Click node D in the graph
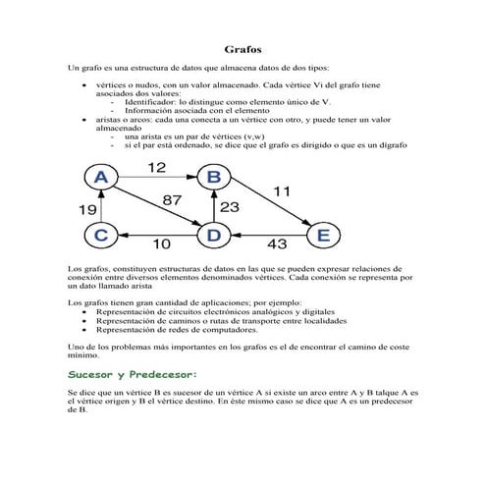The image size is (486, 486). [x=212, y=235]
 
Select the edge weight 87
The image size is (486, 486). [x=172, y=201]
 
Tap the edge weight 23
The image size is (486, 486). [x=229, y=207]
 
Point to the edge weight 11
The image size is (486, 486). [x=283, y=192]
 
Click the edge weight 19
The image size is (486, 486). [x=86, y=208]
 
